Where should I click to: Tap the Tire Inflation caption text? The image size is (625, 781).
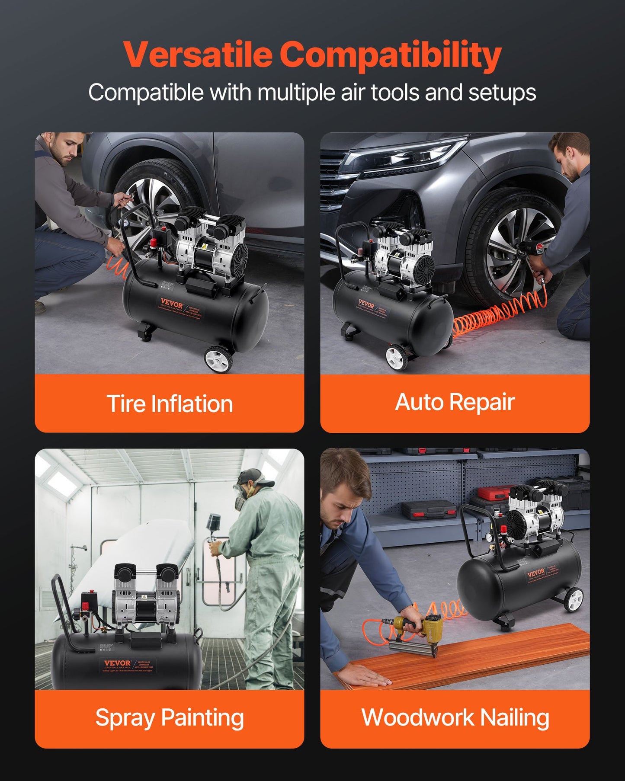click(x=170, y=403)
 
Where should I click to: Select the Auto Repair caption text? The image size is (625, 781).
click(x=455, y=402)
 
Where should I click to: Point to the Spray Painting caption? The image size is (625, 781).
click(x=170, y=718)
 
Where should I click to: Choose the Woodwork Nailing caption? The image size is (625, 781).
click(x=455, y=718)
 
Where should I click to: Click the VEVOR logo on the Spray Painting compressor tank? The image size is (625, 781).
click(x=117, y=663)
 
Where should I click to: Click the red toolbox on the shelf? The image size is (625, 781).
click(x=493, y=493)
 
